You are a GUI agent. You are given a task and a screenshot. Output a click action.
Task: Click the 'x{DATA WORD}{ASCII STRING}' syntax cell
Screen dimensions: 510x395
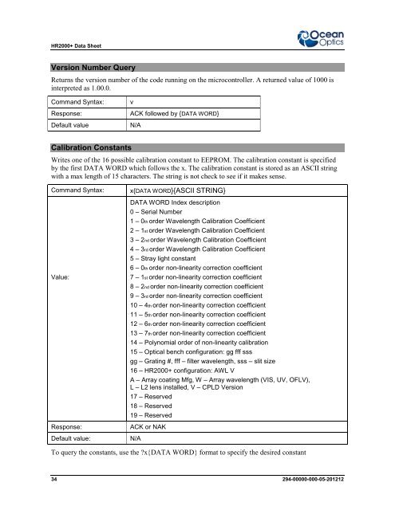[x=176, y=192]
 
